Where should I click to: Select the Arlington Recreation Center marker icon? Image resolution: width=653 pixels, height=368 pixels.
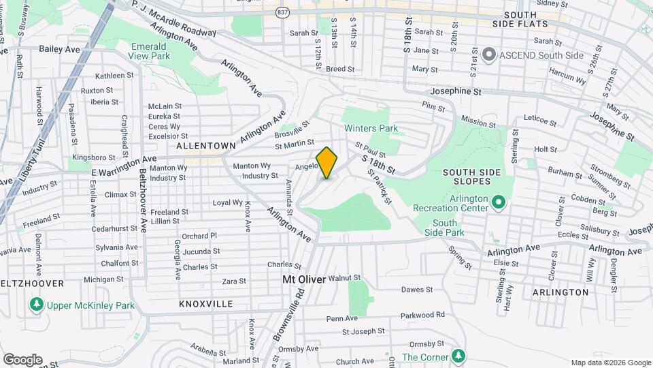point(499,202)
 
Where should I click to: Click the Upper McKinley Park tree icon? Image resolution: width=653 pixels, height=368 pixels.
point(35,305)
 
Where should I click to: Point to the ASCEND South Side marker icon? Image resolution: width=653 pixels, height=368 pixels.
point(488,55)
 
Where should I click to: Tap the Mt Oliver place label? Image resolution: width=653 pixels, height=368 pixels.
point(304,279)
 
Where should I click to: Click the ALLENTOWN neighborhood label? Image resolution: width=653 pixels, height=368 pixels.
point(205,146)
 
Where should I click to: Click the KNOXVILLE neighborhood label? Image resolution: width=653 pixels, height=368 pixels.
point(206,303)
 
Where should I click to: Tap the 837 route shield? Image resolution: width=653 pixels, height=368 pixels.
point(282,12)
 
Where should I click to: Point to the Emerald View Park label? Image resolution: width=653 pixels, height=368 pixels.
point(150,51)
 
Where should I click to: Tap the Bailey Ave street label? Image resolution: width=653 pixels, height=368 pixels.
point(59,49)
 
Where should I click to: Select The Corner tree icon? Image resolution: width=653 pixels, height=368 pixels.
point(459,356)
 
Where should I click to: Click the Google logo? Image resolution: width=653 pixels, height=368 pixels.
point(22,359)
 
